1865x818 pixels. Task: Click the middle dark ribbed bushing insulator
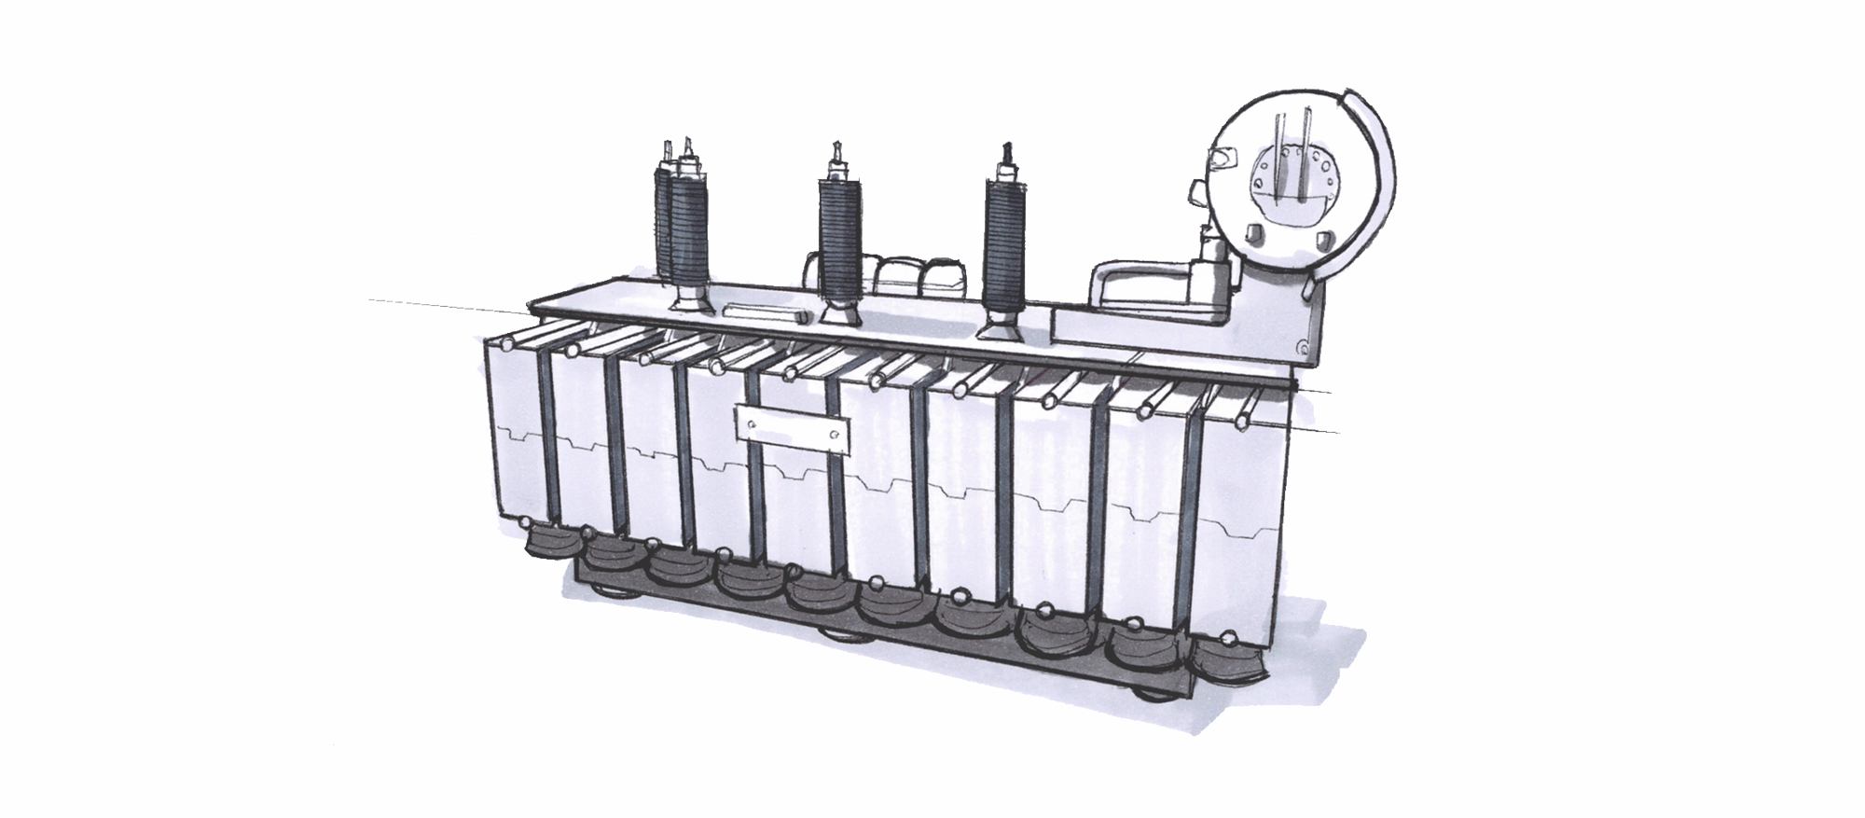coord(840,235)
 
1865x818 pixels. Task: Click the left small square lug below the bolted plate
coord(1254,230)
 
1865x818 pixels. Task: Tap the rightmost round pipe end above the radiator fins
coord(1241,423)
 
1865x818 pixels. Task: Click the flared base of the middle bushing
coord(839,309)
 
